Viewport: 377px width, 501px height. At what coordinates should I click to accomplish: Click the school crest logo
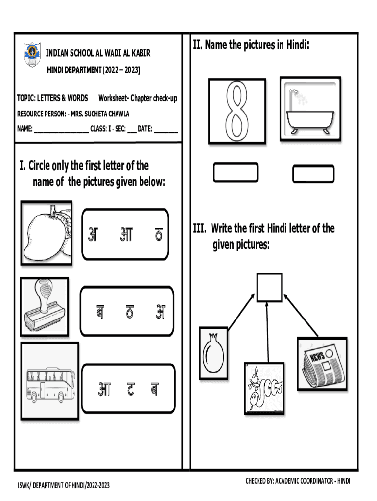pyautogui.click(x=32, y=54)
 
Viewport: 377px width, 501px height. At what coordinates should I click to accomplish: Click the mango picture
pyautogui.click(x=47, y=233)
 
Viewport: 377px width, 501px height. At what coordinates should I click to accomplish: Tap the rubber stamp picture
pyautogui.click(x=45, y=307)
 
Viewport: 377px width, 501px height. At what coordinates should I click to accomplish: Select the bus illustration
pyautogui.click(x=49, y=381)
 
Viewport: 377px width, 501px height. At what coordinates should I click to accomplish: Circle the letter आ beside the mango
pyautogui.click(x=126, y=234)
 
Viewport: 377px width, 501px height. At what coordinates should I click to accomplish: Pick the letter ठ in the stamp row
pyautogui.click(x=130, y=312)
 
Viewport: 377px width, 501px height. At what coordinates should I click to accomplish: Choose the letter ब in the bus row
pyautogui.click(x=154, y=389)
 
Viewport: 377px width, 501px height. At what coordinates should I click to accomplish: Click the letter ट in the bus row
pyautogui.click(x=131, y=389)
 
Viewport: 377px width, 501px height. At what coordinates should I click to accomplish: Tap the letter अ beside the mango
pyautogui.click(x=93, y=234)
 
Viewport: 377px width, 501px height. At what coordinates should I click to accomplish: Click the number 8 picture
pyautogui.click(x=237, y=111)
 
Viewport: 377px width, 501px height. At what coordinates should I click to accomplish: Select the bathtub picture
pyautogui.click(x=310, y=109)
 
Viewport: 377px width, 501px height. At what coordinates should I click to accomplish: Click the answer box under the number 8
pyautogui.click(x=236, y=173)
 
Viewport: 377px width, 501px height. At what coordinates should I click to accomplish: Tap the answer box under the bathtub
pyautogui.click(x=313, y=174)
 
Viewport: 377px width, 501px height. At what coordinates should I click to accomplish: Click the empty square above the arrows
pyautogui.click(x=269, y=287)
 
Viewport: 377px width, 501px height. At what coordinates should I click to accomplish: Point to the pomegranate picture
pyautogui.click(x=213, y=353)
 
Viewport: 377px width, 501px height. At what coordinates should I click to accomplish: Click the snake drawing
pyautogui.click(x=264, y=388)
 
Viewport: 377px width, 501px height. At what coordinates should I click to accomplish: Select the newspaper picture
pyautogui.click(x=322, y=364)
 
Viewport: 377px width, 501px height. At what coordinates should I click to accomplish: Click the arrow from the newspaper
pyautogui.click(x=301, y=316)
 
